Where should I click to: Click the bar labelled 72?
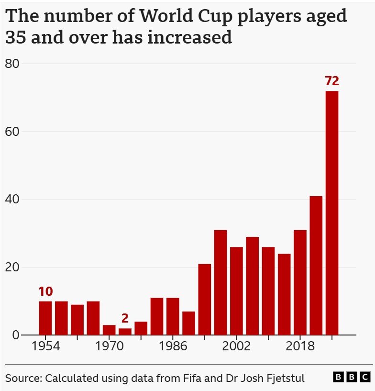[x=332, y=213]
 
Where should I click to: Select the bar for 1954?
[x=45, y=318]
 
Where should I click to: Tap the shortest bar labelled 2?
[x=125, y=332]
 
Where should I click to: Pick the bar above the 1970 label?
[x=109, y=330]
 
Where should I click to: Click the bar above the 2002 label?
[x=236, y=291]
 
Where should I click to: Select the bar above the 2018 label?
[x=300, y=282]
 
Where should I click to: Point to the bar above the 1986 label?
[x=173, y=316]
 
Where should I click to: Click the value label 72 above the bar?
[x=332, y=81]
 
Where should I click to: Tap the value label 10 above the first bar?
[x=45, y=291]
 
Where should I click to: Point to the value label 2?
[x=125, y=318]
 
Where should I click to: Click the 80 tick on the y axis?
[x=12, y=64]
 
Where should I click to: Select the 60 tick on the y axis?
[x=12, y=132]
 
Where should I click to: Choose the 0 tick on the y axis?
[x=16, y=335]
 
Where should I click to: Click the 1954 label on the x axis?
[x=45, y=346]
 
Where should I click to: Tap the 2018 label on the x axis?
[x=300, y=346]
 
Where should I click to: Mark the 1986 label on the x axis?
[x=173, y=346]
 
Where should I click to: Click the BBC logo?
[x=352, y=377]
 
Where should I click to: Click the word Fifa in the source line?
[x=192, y=378]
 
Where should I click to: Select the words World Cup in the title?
[x=186, y=16]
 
